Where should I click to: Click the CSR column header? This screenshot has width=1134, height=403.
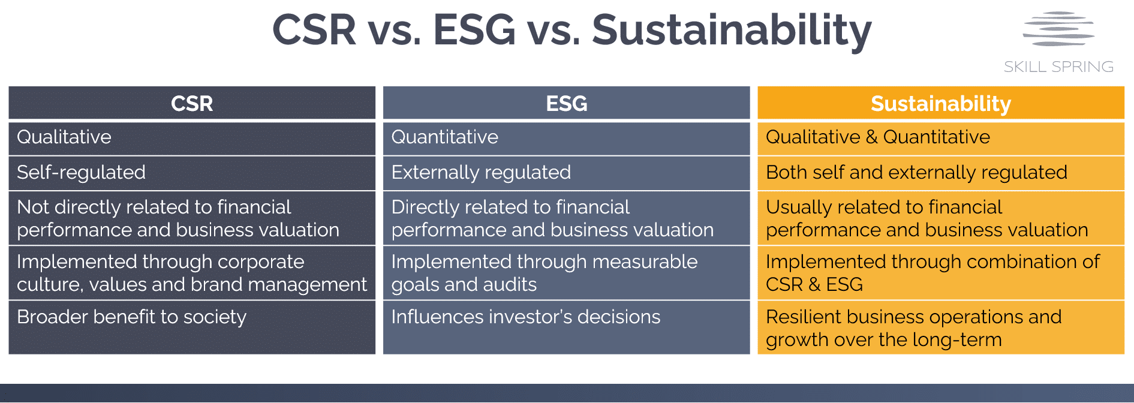point(192,103)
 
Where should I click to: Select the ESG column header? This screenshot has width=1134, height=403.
point(566,103)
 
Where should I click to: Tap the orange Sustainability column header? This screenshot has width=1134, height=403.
point(940,103)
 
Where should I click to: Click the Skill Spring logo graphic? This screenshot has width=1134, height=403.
point(1058,29)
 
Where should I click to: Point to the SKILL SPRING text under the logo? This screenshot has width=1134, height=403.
point(1058,67)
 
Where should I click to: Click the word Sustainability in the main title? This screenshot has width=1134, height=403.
point(732,30)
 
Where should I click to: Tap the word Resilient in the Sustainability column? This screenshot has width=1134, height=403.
point(803,317)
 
